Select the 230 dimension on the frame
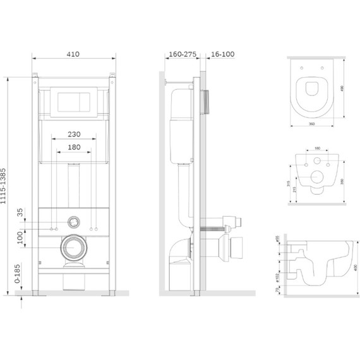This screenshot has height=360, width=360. pyautogui.click(x=75, y=134)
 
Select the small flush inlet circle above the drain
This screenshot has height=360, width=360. pyautogui.click(x=75, y=222)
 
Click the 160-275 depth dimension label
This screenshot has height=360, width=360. pyautogui.click(x=180, y=55)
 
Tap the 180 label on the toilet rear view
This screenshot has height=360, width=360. pyautogui.click(x=316, y=149)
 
